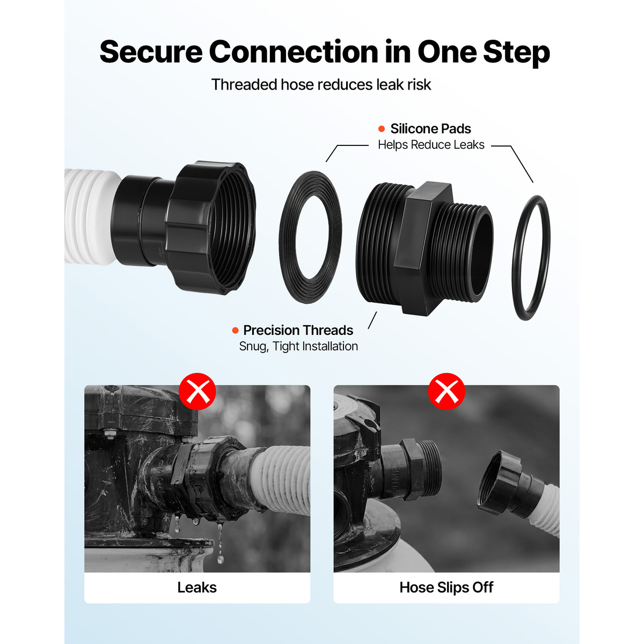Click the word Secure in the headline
(x=151, y=52)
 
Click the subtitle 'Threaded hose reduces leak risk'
(x=321, y=85)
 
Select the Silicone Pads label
(x=430, y=129)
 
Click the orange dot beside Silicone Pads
(x=382, y=129)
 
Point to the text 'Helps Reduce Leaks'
(x=431, y=145)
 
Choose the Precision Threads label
(x=298, y=330)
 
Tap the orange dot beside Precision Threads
(x=235, y=331)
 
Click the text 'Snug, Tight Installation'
(x=298, y=346)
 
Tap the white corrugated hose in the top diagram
(x=90, y=217)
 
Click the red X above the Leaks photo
(x=197, y=391)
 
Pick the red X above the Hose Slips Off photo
(x=447, y=391)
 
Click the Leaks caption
(x=197, y=588)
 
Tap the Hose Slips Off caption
(x=446, y=588)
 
